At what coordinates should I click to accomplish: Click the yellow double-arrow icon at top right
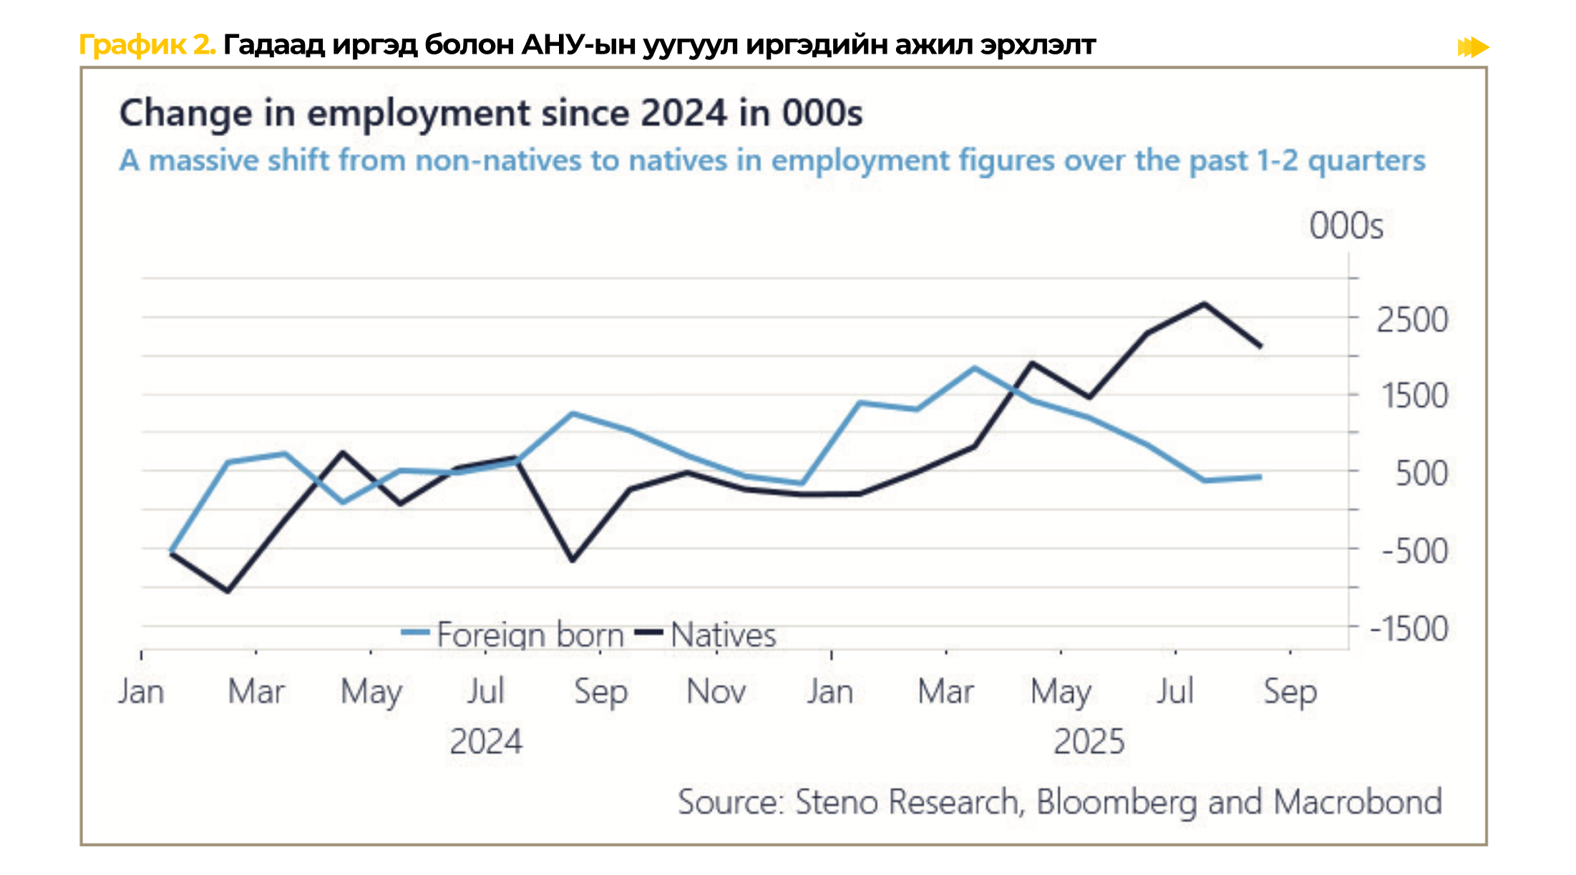point(1473,47)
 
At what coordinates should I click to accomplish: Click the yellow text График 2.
point(147,45)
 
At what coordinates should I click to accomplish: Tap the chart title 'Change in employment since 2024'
point(490,113)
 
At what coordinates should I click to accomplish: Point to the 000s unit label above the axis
point(1346,226)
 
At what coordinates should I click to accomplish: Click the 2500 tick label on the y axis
point(1411,320)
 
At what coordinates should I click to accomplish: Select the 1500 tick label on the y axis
point(1414,396)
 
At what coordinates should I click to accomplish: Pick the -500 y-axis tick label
point(1414,551)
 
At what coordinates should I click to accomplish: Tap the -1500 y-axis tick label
point(1409,629)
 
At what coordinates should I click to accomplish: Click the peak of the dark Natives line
point(1204,304)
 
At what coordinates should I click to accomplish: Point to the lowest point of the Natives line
point(228,591)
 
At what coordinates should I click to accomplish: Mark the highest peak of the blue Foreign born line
point(975,368)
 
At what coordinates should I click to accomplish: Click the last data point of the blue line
point(1260,476)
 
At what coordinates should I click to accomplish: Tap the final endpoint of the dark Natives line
point(1260,346)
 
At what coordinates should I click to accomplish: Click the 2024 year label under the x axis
point(486,741)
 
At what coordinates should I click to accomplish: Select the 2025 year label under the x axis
point(1089,741)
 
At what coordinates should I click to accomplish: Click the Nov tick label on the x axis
point(716,691)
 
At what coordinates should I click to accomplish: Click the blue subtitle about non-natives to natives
point(772,160)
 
